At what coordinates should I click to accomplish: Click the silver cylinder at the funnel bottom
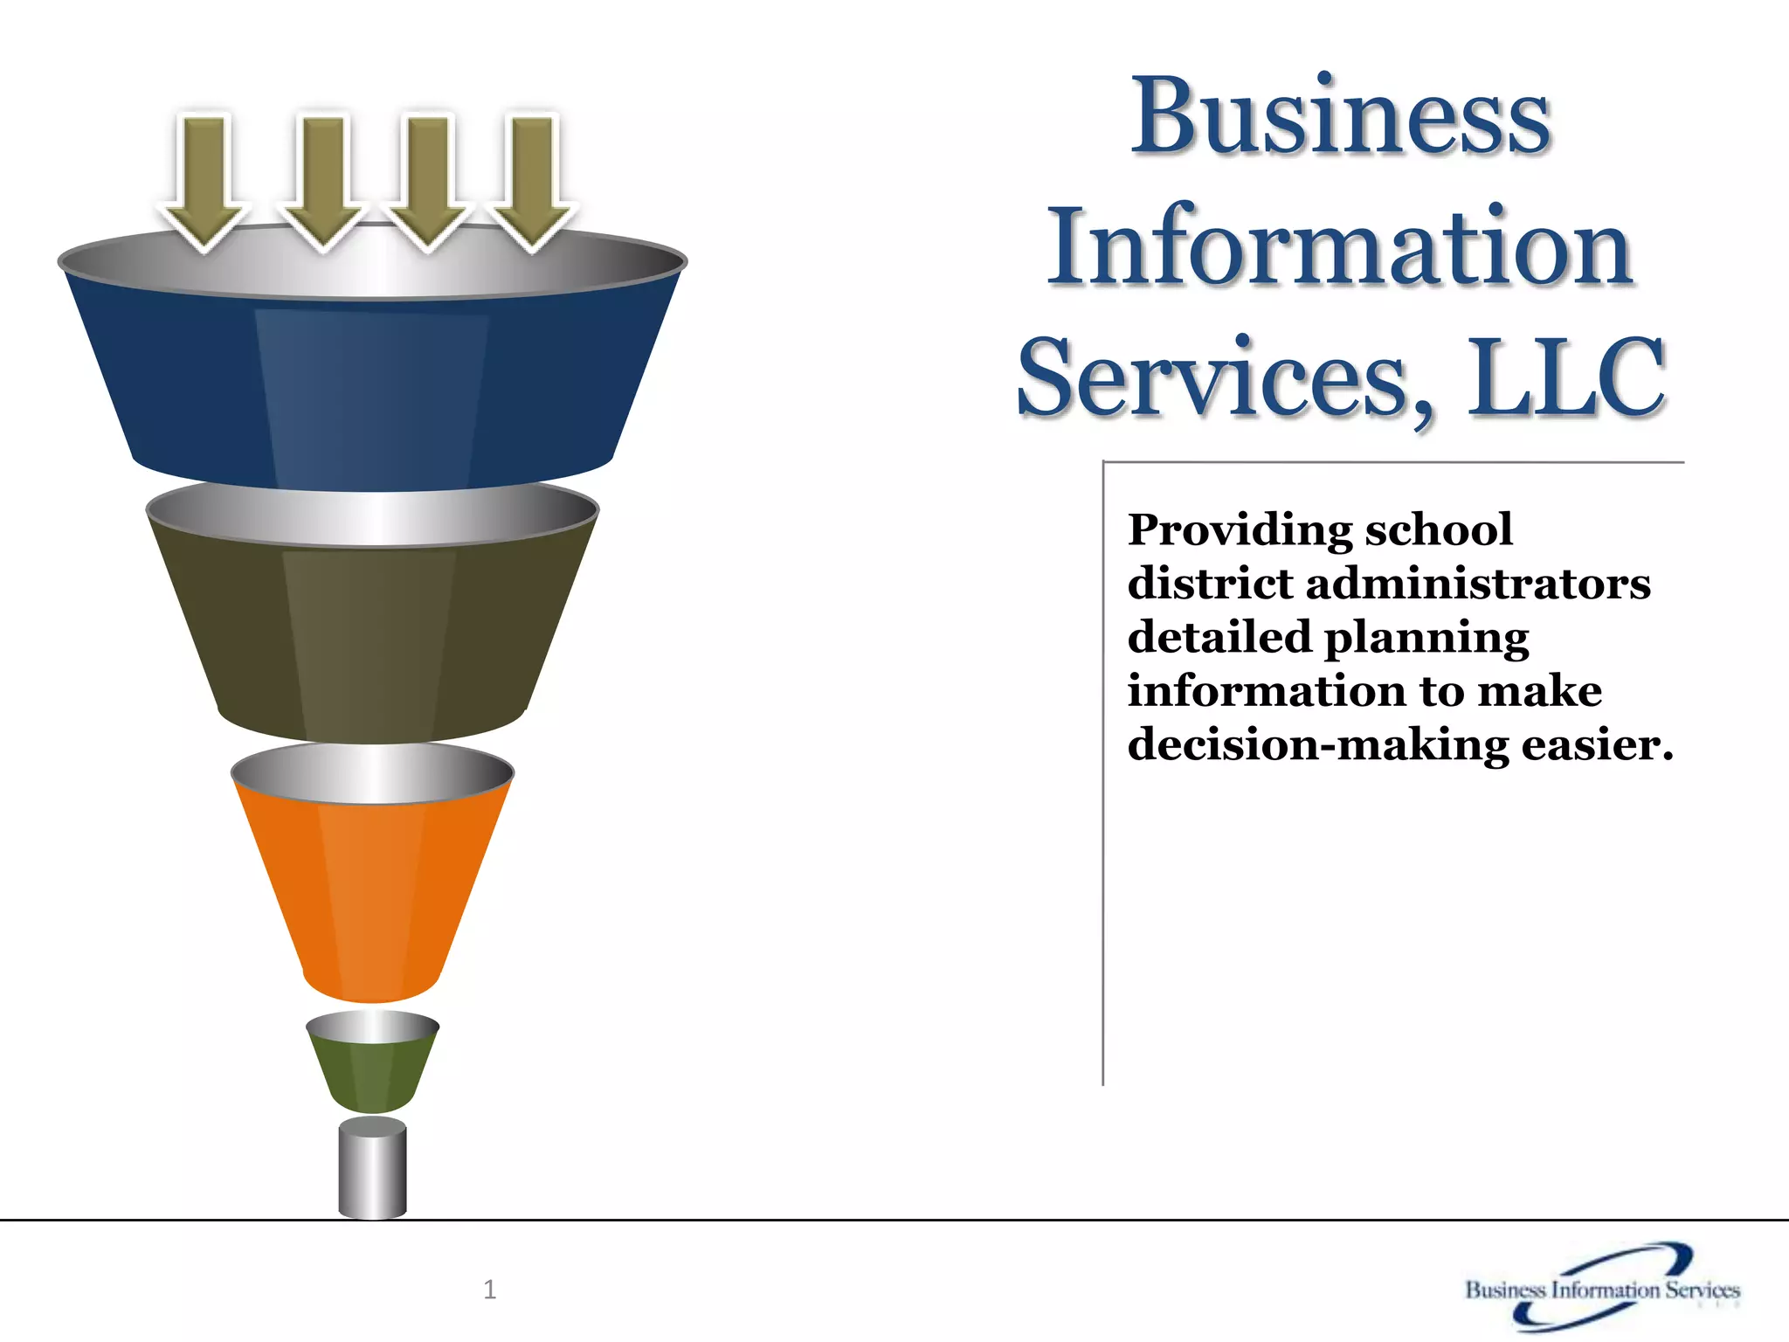[372, 1171]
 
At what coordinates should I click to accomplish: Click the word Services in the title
[1223, 377]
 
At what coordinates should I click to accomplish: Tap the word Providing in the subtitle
[1240, 531]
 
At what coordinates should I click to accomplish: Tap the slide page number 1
[489, 1290]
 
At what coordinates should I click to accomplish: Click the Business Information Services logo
[1602, 1288]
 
